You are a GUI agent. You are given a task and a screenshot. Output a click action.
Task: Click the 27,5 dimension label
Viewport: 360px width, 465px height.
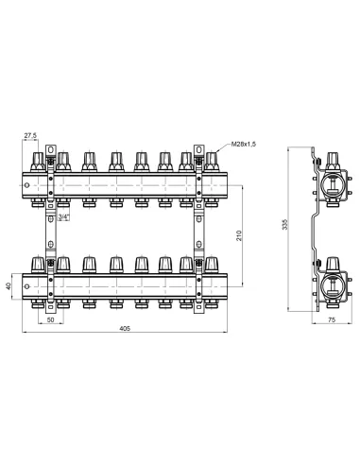click(x=30, y=135)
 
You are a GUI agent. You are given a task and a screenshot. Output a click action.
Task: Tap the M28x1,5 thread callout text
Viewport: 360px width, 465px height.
click(x=244, y=145)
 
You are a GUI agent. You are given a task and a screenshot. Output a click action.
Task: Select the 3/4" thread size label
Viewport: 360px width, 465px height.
click(x=63, y=216)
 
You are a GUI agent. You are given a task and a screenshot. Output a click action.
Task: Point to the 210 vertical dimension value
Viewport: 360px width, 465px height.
click(x=239, y=235)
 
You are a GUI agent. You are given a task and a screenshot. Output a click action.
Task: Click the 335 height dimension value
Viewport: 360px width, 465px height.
click(x=285, y=225)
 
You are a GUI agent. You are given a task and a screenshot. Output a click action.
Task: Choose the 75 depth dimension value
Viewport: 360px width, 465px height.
click(x=332, y=319)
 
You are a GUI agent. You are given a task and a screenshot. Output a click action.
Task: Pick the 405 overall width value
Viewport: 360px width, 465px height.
click(x=125, y=328)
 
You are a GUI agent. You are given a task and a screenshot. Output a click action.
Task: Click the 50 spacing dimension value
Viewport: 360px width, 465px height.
click(x=50, y=319)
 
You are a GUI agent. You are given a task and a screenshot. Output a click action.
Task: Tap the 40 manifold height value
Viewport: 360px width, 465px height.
click(x=9, y=286)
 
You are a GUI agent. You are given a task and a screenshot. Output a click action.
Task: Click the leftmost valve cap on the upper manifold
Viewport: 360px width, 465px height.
click(x=38, y=162)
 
